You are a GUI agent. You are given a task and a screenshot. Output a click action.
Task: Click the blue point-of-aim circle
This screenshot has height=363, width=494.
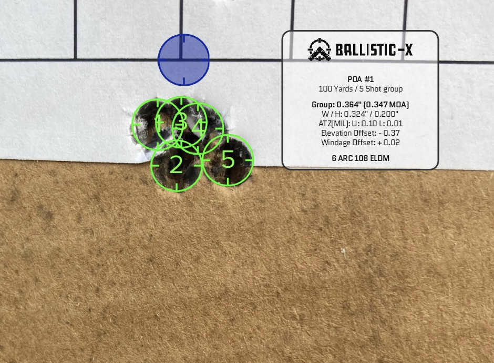click(183, 59)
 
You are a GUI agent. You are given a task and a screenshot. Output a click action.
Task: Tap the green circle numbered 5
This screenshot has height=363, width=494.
click(228, 160)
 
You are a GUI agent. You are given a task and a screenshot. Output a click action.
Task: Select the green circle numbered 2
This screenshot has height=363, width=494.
click(177, 165)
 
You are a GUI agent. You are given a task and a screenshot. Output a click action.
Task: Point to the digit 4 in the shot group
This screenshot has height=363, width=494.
click(198, 127)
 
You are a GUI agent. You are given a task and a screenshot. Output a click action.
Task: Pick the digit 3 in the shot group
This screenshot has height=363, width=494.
click(181, 121)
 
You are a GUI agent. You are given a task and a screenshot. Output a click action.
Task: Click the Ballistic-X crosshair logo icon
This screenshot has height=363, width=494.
click(319, 49)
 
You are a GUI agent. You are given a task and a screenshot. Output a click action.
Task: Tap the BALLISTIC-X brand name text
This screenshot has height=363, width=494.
click(374, 50)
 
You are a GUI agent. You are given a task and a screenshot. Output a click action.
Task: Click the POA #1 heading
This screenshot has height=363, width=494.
click(361, 79)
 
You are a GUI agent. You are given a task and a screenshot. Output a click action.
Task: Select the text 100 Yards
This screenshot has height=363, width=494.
click(335, 89)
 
